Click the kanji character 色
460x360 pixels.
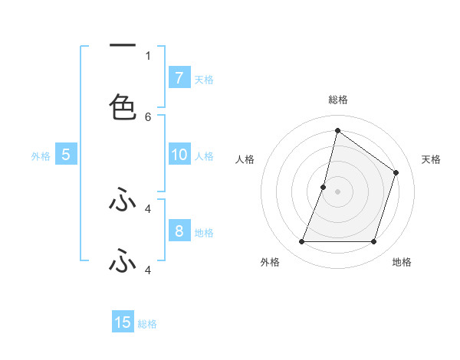[123, 106]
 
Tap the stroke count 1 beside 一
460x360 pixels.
[148, 55]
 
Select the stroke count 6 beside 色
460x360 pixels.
[148, 116]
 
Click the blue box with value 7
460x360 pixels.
[179, 78]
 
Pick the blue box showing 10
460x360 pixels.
[179, 155]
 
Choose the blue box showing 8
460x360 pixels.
[179, 231]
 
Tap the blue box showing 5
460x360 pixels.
[66, 155]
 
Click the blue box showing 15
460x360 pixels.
[123, 322]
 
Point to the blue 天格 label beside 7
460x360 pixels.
[204, 79]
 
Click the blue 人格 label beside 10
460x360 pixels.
[204, 155]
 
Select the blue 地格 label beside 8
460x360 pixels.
[204, 232]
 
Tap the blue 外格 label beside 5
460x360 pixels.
[41, 155]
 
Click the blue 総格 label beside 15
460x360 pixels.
[147, 323]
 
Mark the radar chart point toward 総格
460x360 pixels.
[337, 130]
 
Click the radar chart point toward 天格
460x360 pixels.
[396, 172]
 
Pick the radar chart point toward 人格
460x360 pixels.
[324, 187]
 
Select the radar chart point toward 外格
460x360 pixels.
[301, 242]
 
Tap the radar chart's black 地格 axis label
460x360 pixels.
[402, 262]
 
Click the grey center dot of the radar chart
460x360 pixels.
[337, 191]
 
